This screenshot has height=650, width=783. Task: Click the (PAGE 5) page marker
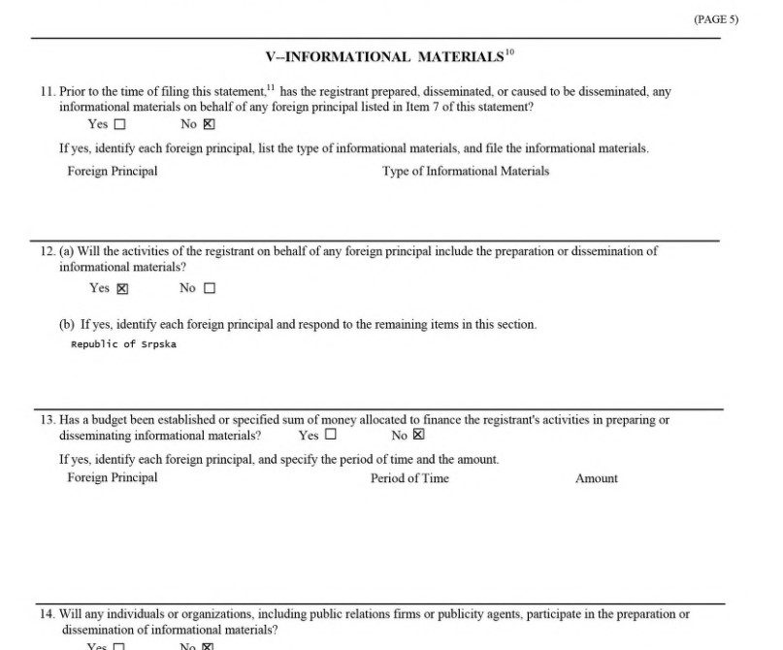pos(716,19)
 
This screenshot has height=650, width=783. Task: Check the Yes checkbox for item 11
pos(120,124)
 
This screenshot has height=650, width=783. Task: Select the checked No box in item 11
pos(209,124)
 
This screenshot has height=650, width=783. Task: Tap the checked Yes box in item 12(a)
pos(122,288)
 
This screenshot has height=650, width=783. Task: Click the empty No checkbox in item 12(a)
pos(210,288)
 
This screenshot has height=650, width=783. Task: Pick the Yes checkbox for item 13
pos(331,436)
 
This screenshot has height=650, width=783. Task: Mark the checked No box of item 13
pos(418,436)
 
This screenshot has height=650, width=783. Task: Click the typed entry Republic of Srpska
pos(124,344)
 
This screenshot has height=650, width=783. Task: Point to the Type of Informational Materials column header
pos(466,172)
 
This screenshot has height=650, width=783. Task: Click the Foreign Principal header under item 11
pos(113,172)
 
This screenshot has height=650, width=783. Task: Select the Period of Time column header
pos(409,478)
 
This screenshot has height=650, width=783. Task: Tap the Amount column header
pos(597,478)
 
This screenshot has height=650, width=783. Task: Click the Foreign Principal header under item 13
pos(113,478)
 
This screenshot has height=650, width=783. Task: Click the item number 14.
pos(48,614)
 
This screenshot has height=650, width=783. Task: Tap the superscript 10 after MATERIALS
pos(509,52)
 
